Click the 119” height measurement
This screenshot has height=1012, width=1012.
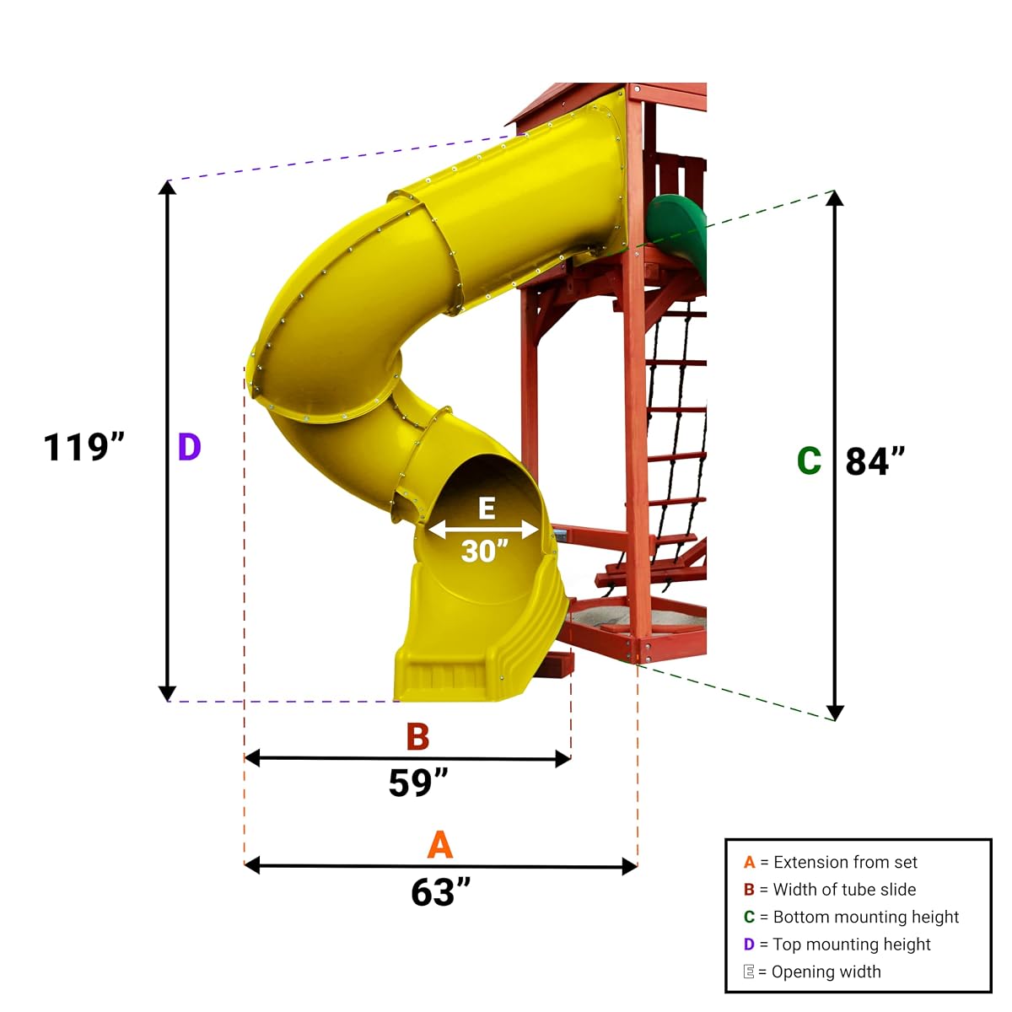coord(84,448)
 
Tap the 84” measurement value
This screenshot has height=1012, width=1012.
coord(875,461)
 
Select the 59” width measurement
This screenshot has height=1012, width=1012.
coord(418,782)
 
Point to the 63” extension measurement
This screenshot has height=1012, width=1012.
coord(440,891)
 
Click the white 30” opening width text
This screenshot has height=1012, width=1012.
coord(485,551)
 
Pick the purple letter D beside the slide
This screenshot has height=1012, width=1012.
coord(189,447)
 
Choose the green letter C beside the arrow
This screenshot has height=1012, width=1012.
coord(809,460)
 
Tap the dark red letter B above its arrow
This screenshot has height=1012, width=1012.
coord(418,736)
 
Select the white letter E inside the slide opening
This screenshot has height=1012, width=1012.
coord(487,509)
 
